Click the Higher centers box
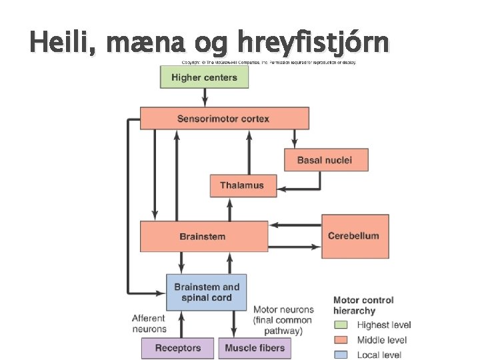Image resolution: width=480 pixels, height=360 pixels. [204, 77]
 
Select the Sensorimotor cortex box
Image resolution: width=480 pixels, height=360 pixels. [224, 119]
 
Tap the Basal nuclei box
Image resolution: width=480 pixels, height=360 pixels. [326, 160]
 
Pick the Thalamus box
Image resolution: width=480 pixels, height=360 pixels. [243, 185]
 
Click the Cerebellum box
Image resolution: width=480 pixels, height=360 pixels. [355, 236]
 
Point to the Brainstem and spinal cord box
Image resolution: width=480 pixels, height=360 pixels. [206, 292]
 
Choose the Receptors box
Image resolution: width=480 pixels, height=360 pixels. [177, 348]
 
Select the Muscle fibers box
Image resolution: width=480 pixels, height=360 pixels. [255, 348]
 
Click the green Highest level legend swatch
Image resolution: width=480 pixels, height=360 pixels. [341, 325]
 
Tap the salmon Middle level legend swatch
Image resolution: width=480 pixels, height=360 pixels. [341, 340]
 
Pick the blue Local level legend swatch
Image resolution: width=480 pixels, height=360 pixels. [341, 355]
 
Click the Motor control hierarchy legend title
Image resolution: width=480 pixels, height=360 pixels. [363, 305]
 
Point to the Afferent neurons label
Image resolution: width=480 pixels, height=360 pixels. [149, 323]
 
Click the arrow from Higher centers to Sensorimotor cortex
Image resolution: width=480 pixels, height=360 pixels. [204, 97]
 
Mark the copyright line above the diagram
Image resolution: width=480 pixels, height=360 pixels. [269, 63]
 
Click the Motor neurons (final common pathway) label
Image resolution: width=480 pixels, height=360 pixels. [283, 320]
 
